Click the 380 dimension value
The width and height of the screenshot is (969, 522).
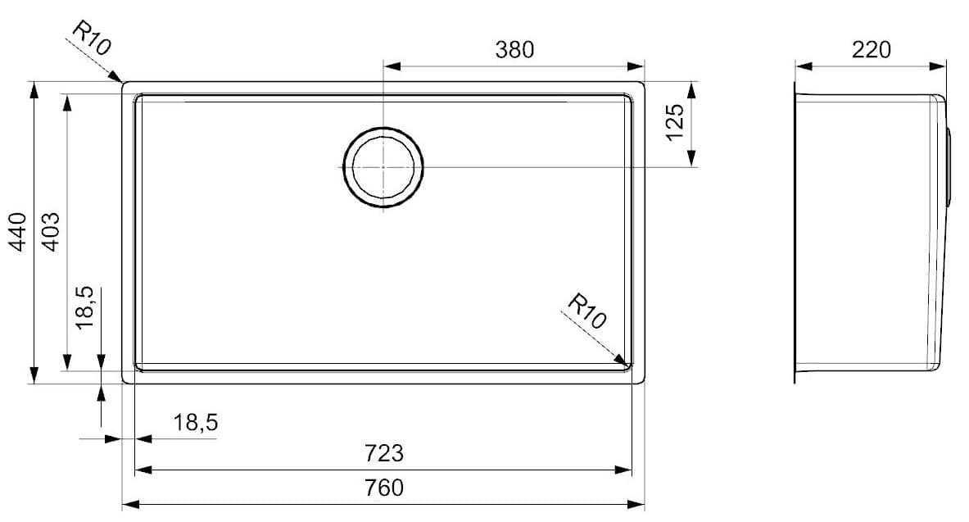tap(514, 50)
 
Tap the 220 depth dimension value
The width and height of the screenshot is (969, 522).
tap(871, 50)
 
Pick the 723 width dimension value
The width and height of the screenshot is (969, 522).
tap(384, 452)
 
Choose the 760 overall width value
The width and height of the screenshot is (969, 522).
tap(384, 488)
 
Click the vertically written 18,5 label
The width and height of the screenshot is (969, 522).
tap(85, 307)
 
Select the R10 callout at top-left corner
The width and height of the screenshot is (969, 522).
tap(91, 38)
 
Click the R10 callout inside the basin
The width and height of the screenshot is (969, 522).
tap(586, 311)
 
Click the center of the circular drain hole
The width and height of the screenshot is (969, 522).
tap(383, 166)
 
